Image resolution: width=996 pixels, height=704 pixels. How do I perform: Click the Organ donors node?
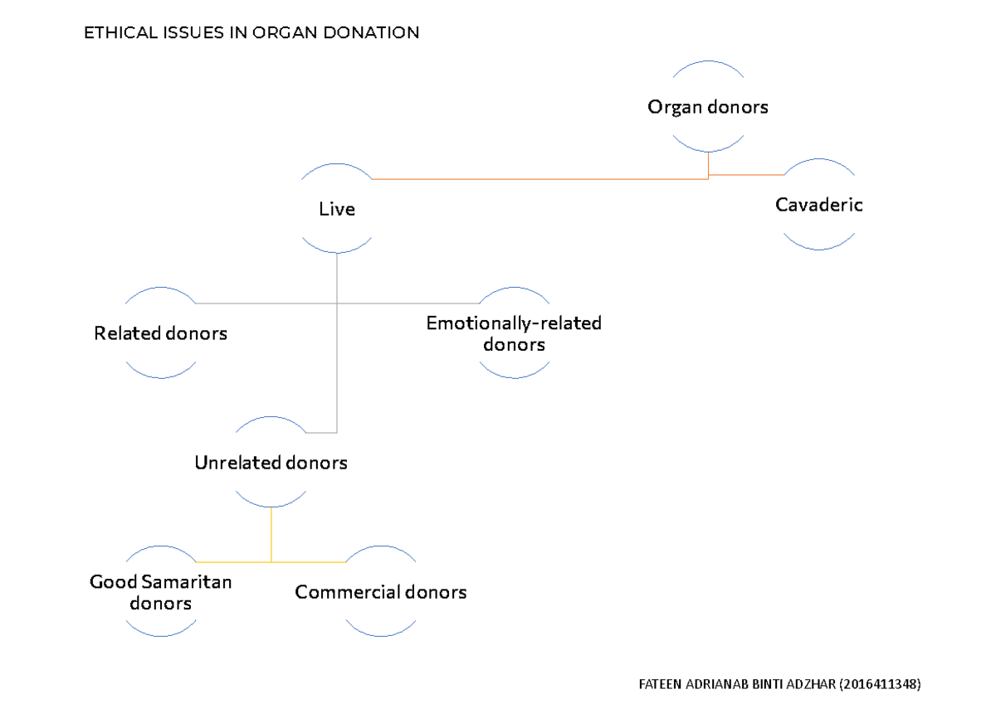[x=708, y=107]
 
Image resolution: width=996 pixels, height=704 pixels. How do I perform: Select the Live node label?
[x=337, y=210]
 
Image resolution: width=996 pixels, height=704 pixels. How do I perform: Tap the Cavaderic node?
[x=818, y=205]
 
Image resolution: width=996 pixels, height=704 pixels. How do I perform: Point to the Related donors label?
[x=160, y=334]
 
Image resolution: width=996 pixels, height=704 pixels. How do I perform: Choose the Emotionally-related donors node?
[x=514, y=333]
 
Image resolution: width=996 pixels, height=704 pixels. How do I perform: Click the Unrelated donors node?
[x=271, y=463]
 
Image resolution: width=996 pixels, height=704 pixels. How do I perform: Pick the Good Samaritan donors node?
[x=161, y=592]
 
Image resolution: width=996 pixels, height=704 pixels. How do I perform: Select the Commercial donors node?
[x=380, y=592]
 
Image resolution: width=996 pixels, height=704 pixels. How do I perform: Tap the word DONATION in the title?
[x=378, y=34]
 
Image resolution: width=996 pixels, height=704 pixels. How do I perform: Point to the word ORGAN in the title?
[x=298, y=34]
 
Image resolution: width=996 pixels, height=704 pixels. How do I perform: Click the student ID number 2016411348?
[x=880, y=684]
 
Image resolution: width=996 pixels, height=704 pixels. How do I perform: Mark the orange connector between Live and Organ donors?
[x=539, y=178]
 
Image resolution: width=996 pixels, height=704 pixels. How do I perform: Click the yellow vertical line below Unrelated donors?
[x=271, y=535]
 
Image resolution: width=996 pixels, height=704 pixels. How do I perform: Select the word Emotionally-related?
[x=514, y=323]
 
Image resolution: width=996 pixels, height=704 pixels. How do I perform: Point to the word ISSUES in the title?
[x=189, y=34]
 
